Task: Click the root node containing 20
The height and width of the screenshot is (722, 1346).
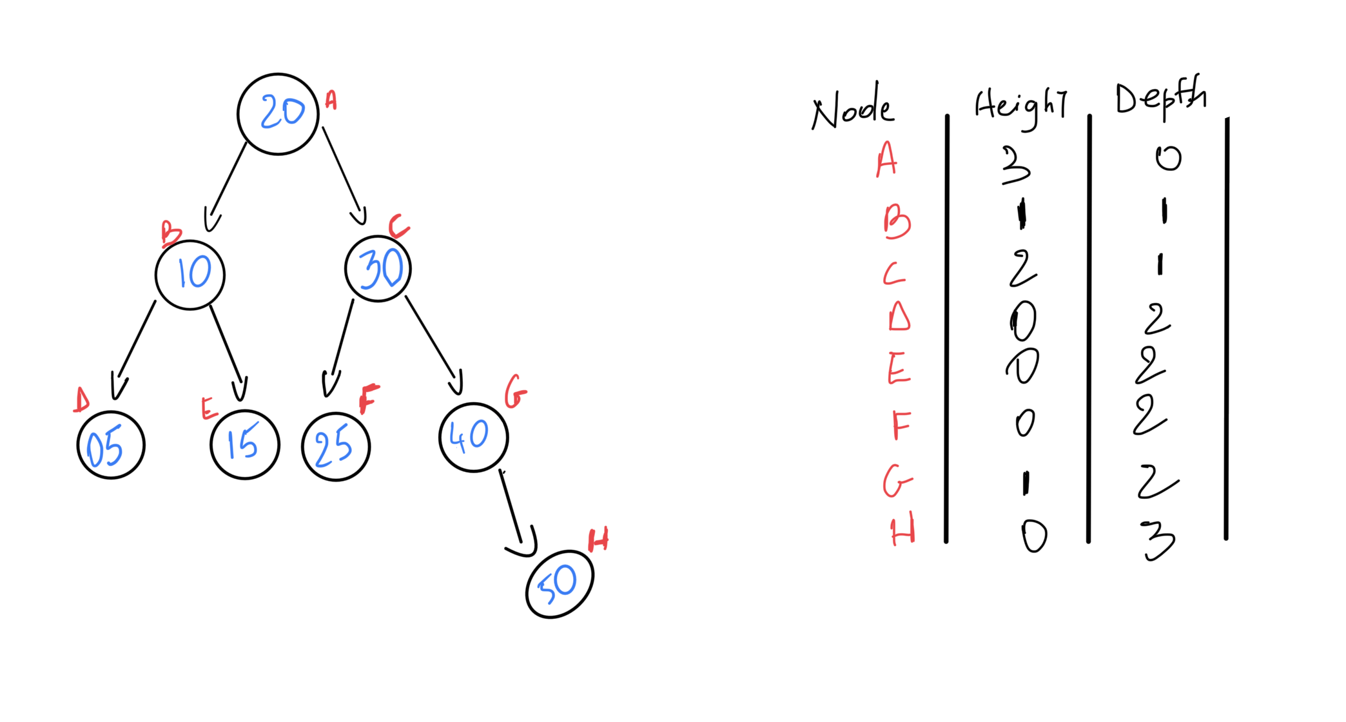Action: pos(278,114)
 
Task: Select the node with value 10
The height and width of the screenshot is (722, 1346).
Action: pos(190,275)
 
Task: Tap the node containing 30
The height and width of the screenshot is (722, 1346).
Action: pos(378,268)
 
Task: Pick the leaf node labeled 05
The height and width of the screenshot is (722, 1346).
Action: pos(111,445)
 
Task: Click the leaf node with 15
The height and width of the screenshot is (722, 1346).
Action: pos(245,444)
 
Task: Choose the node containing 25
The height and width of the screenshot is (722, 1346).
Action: pos(336,447)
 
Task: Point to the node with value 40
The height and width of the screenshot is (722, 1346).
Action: pos(474,438)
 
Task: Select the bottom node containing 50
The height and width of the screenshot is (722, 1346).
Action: pos(560,584)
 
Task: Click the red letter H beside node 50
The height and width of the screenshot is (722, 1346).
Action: pos(598,540)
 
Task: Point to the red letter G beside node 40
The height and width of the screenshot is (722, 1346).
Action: pos(515,392)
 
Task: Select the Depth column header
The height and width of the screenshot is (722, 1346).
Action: pos(1160,98)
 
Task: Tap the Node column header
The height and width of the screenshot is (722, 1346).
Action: pos(852,111)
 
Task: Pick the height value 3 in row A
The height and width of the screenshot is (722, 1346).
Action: pos(1016,166)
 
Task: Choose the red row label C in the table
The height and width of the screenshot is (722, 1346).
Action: pos(893,274)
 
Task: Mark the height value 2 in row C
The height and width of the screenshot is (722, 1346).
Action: pos(1022,268)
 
